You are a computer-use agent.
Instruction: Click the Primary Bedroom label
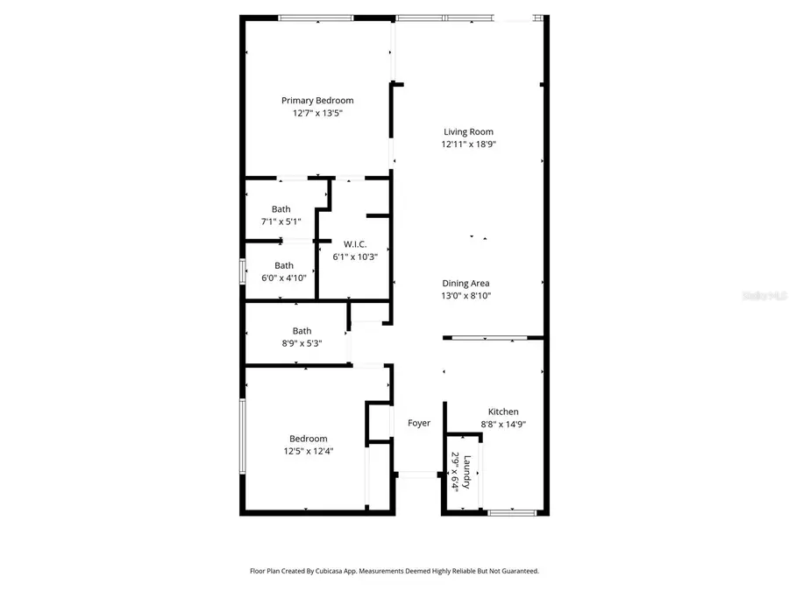pos(317,101)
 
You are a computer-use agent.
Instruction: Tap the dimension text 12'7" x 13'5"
pos(317,113)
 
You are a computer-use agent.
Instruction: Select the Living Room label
pos(468,132)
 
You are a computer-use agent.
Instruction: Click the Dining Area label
pos(466,283)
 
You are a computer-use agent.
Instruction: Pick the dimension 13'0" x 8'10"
pos(466,296)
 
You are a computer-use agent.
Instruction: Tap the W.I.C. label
pos(354,243)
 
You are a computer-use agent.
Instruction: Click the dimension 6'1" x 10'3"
pos(354,257)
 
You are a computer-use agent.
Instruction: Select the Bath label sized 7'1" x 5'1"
pos(281,209)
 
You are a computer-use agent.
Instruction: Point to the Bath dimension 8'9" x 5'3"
pos(302,343)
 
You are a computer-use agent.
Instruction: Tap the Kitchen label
pos(503,412)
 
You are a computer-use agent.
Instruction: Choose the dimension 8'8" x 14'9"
pos(503,425)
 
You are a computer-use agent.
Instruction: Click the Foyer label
pos(419,423)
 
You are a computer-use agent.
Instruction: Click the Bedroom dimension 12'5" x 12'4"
pos(309,451)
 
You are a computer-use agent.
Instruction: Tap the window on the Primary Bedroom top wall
pos(316,18)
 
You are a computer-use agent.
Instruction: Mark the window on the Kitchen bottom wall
pos(506,511)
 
